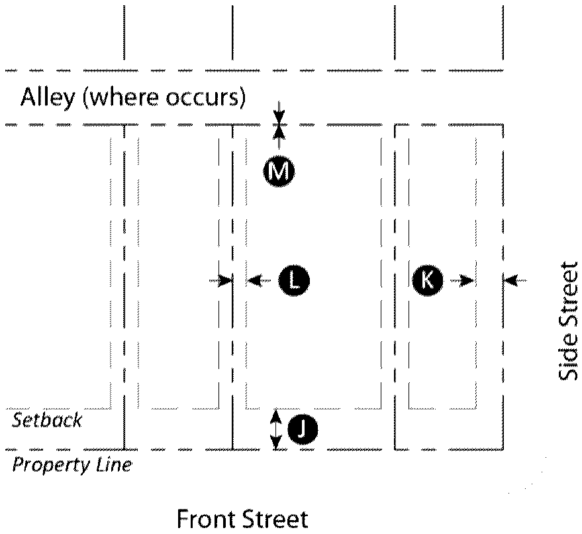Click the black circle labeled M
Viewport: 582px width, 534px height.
pos(279,172)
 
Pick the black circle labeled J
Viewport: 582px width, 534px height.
pos(302,431)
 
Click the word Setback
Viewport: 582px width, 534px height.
pos(47,420)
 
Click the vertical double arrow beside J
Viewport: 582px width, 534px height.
pos(277,429)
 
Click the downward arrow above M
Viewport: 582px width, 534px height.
pos(279,112)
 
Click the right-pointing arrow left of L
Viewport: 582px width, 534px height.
pos(221,281)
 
